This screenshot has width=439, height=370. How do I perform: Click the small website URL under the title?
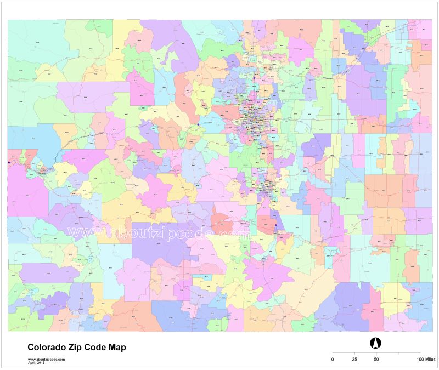click(46, 358)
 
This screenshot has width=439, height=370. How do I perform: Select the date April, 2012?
click(37, 362)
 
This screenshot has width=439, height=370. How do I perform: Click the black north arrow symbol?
click(376, 343)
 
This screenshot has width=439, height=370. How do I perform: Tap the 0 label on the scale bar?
click(332, 359)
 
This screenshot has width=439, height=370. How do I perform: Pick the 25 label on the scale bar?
click(354, 359)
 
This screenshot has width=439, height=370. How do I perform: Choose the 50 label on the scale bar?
click(376, 359)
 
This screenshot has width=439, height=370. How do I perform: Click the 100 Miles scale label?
click(426, 359)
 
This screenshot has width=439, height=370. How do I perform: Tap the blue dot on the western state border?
click(9, 162)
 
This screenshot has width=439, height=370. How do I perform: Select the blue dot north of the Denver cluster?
click(254, 78)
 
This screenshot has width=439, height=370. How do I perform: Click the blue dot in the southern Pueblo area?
click(275, 224)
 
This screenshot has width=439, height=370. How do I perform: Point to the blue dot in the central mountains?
click(198, 124)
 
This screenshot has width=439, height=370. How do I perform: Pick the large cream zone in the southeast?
click(307, 291)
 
